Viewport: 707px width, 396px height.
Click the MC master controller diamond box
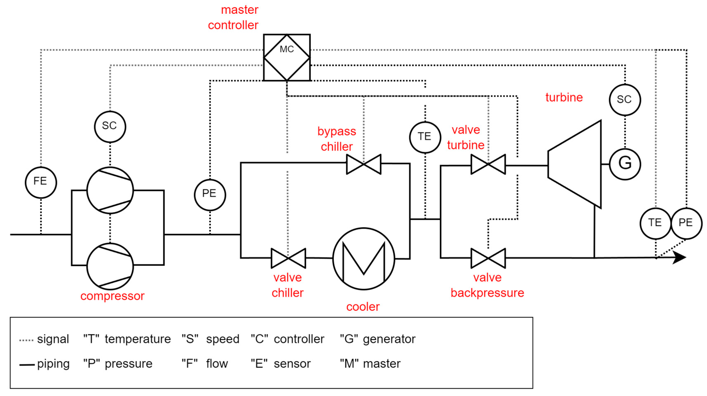[287, 57]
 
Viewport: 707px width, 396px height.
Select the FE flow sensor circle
[41, 182]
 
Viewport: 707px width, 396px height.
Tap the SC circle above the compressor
[110, 127]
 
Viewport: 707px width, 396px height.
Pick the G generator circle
[625, 164]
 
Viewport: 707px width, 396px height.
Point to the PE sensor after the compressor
[210, 195]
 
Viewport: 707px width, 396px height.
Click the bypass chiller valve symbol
[364, 164]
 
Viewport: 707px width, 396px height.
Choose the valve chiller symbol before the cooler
[288, 258]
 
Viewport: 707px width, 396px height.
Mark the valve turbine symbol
[488, 164]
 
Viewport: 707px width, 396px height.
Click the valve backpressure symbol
[488, 258]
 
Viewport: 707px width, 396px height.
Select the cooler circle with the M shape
[364, 258]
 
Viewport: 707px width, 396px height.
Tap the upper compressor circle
[110, 190]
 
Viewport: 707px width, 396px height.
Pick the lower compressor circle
[110, 266]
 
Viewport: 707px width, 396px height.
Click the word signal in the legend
[53, 339]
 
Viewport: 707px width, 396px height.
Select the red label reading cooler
[363, 307]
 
